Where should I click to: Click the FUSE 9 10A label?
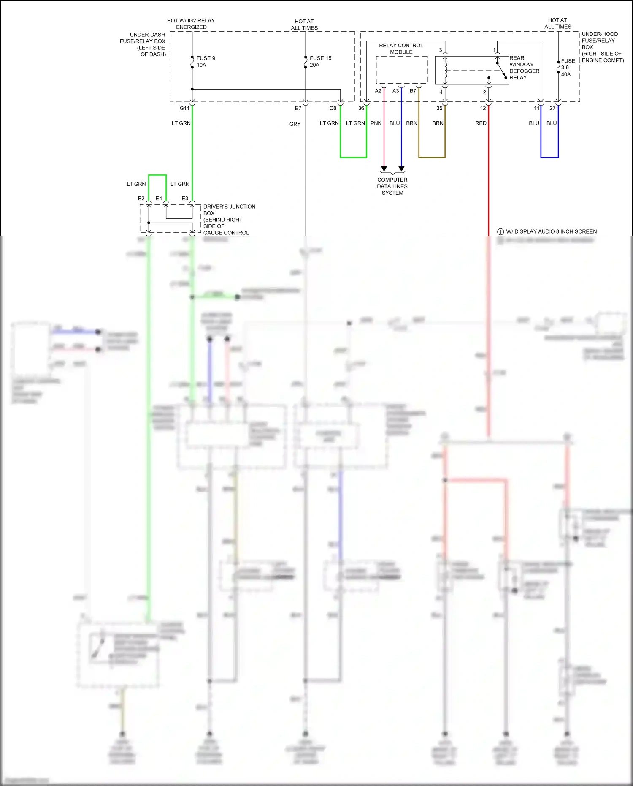(x=206, y=62)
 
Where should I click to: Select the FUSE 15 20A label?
(x=320, y=62)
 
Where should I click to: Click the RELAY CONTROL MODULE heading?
(x=401, y=49)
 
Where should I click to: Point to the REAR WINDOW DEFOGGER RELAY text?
(x=524, y=68)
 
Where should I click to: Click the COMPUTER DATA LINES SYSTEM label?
(x=392, y=186)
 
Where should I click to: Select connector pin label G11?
(x=184, y=109)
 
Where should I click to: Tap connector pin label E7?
(x=298, y=109)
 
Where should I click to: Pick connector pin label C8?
(x=333, y=109)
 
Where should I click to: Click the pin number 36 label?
(x=361, y=109)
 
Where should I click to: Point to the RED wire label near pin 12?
(x=481, y=123)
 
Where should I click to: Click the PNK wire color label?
(x=376, y=123)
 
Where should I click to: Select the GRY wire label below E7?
(x=295, y=124)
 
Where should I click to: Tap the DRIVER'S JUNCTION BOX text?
(x=229, y=219)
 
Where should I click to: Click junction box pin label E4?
(x=159, y=199)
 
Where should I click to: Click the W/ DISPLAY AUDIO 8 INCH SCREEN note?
(x=551, y=231)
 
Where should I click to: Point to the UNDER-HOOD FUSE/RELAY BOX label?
(x=602, y=47)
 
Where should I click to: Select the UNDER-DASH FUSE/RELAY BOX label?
(x=143, y=44)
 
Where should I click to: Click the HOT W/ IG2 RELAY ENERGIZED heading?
(x=191, y=24)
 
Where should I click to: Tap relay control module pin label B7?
(x=413, y=91)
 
